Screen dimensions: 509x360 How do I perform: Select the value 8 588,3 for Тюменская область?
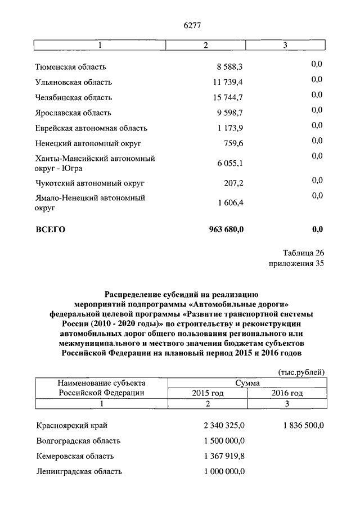click(229, 67)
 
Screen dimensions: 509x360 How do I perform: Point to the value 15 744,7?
click(228, 97)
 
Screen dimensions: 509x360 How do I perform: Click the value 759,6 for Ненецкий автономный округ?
click(233, 143)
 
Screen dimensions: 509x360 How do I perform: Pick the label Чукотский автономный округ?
click(89, 183)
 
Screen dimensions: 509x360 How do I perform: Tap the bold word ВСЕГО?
click(51, 229)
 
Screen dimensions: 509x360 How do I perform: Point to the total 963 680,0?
click(226, 229)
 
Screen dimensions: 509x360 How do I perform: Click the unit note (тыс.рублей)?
click(301, 372)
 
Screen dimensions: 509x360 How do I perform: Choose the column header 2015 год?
click(208, 393)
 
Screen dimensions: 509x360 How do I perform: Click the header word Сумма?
click(247, 382)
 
